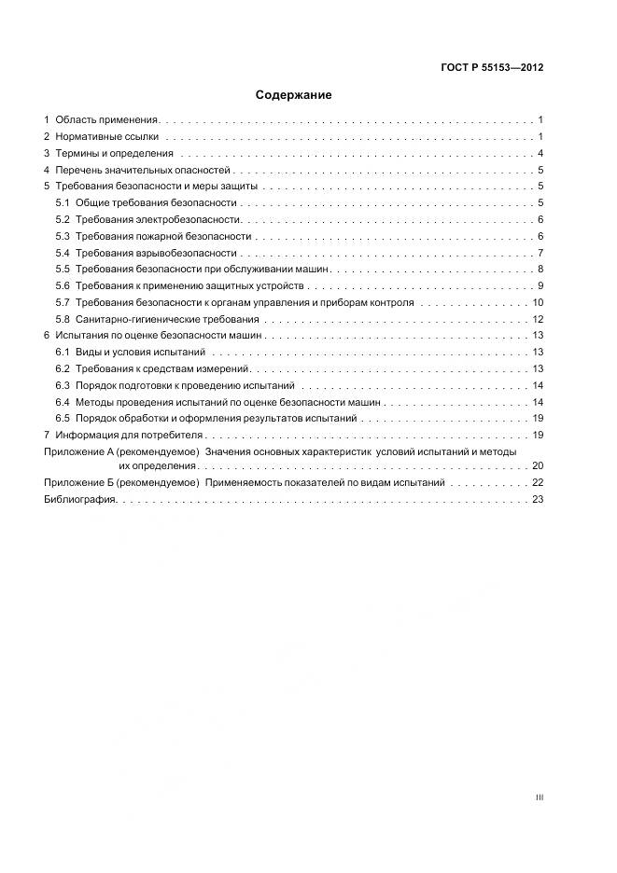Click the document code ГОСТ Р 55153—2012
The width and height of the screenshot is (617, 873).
[x=492, y=68]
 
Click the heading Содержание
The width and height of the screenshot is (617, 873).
[x=293, y=95]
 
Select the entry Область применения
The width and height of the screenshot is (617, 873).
[x=106, y=120]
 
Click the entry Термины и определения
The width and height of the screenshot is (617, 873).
[x=114, y=154]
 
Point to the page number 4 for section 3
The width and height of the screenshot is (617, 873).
[x=540, y=154]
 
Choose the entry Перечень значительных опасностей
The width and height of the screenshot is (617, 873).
[x=142, y=171]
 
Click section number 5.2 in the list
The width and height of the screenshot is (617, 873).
[x=63, y=220]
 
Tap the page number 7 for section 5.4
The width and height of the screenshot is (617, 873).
[x=540, y=254]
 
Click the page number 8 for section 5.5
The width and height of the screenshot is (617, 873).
[x=540, y=270]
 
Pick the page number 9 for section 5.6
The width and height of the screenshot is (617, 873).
[x=540, y=286]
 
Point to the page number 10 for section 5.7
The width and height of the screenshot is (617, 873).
[x=538, y=303]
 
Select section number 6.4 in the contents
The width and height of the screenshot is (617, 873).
[x=63, y=402]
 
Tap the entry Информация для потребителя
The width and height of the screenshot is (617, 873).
[x=129, y=436]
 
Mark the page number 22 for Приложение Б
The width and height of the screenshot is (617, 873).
[x=538, y=483]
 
